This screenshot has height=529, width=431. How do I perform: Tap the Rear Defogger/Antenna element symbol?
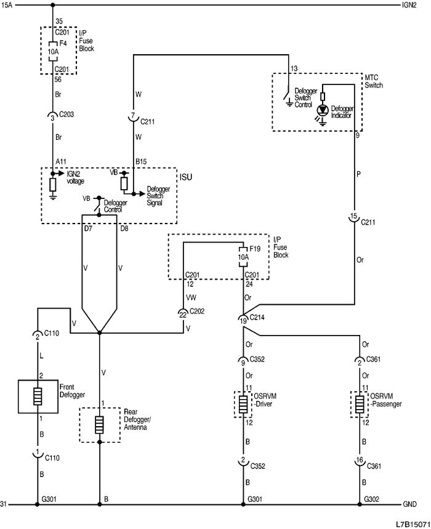[x=99, y=426]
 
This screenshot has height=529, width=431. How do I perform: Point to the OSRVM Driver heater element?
[x=244, y=405]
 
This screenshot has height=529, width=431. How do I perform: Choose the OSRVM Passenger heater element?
[x=358, y=405]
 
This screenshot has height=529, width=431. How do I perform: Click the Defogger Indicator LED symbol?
[x=322, y=109]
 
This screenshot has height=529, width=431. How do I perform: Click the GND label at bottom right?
[x=410, y=504]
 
